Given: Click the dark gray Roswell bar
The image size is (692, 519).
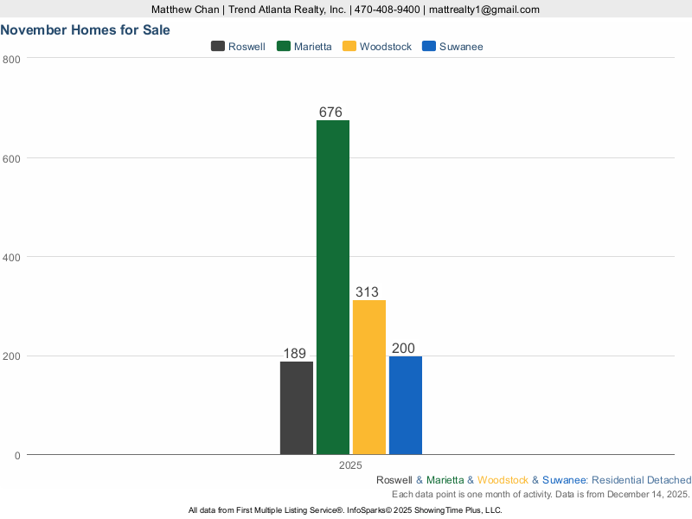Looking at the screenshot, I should (297, 407).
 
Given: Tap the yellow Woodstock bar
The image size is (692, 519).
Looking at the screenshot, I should (369, 377).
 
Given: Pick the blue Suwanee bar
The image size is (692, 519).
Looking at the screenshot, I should (406, 405).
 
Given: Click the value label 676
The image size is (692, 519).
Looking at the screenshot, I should (331, 112).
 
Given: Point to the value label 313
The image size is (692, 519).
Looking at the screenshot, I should (367, 292).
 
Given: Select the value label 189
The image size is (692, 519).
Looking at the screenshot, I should (295, 354).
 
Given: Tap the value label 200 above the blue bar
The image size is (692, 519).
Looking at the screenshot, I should (403, 349).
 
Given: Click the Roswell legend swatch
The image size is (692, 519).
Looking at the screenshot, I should (218, 46).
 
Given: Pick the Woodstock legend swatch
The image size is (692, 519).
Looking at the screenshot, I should (349, 46).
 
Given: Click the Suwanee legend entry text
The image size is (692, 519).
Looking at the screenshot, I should (461, 46).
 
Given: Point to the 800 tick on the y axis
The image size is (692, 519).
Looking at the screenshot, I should (12, 59).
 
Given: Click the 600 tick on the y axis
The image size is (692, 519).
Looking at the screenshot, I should (12, 158).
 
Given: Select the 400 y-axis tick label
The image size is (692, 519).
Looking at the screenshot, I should (12, 257).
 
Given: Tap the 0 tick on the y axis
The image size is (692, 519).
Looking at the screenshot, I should (17, 455).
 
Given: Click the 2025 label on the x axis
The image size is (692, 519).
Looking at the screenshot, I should (350, 465).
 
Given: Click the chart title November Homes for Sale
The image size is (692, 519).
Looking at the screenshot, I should (85, 29).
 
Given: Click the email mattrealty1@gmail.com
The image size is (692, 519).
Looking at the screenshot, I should (484, 10).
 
